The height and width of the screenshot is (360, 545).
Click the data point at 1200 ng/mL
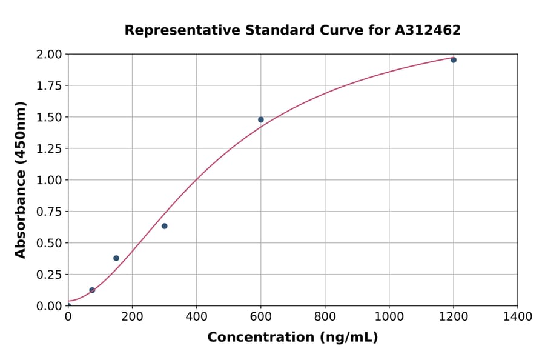click(454, 60)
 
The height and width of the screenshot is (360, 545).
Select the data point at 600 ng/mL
click(261, 119)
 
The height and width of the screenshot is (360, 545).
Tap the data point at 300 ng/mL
click(165, 226)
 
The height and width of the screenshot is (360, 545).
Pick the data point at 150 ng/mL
click(116, 258)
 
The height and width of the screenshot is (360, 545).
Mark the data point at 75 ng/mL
click(92, 290)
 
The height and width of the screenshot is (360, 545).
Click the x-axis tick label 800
click(325, 316)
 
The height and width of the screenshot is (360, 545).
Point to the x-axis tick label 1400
click(518, 316)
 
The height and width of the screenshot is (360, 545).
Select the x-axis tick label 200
click(132, 316)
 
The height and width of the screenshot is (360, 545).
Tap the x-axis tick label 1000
click(389, 316)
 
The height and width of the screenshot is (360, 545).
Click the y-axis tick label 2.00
click(49, 55)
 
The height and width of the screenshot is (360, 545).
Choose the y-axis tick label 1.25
click(49, 148)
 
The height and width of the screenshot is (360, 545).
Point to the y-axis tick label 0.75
click(49, 212)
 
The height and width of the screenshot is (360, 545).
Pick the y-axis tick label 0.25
click(49, 275)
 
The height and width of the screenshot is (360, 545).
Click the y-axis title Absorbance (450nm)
click(21, 180)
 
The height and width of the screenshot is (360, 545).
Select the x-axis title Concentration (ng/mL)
click(292, 338)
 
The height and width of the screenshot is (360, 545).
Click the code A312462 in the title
click(428, 30)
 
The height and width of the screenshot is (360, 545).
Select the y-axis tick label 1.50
click(49, 117)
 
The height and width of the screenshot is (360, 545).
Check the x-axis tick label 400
click(196, 316)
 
